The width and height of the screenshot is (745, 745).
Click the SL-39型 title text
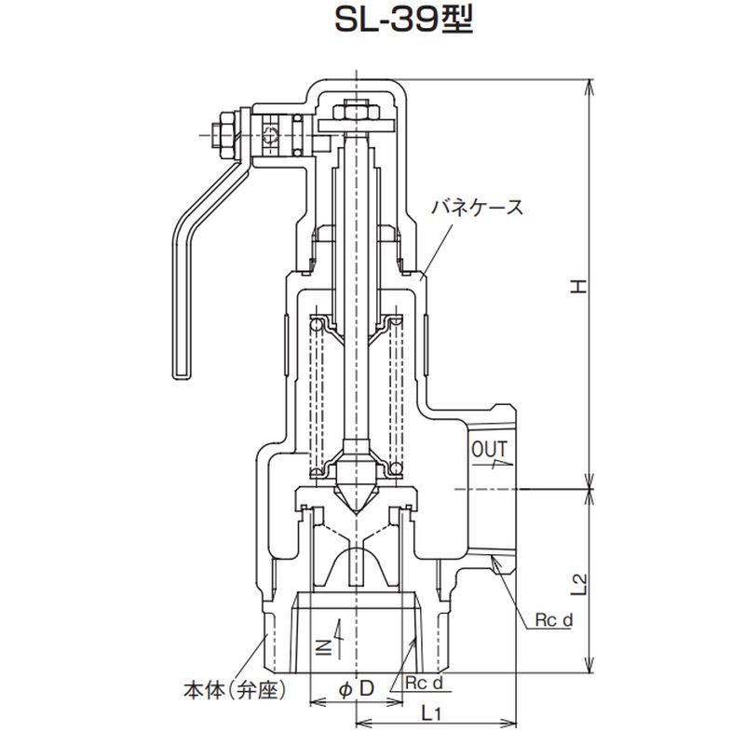click(x=404, y=20)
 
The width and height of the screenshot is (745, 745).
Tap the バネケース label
click(x=477, y=208)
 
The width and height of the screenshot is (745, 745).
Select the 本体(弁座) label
click(x=236, y=690)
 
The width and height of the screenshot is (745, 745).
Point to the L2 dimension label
click(x=579, y=585)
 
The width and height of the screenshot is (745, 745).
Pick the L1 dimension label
click(x=431, y=712)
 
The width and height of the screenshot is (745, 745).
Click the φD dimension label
click(x=357, y=688)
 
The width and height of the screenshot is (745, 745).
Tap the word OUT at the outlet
click(x=490, y=449)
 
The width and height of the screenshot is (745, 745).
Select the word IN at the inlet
click(x=325, y=647)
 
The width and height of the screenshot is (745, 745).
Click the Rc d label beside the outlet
click(x=554, y=619)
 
